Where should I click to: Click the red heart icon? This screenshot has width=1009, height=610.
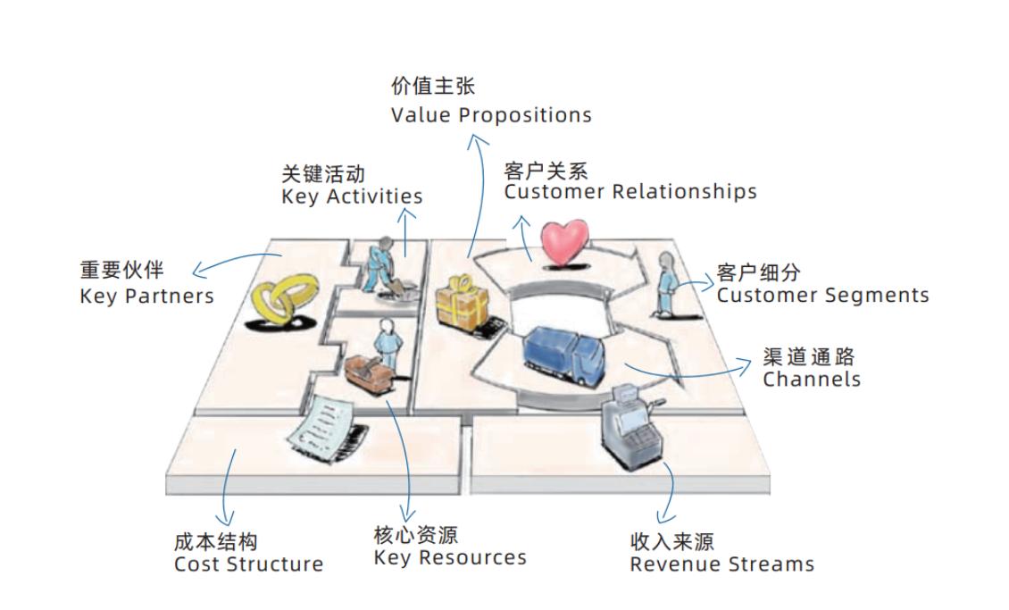click(x=565, y=243)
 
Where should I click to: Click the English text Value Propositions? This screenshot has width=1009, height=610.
click(x=491, y=115)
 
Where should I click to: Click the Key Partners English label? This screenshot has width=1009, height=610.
click(x=146, y=296)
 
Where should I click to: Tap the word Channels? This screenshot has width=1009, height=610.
click(x=812, y=379)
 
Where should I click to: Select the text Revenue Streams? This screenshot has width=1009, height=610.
click(x=721, y=564)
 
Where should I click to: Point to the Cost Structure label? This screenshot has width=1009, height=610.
click(x=248, y=564)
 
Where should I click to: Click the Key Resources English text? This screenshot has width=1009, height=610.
click(x=450, y=558)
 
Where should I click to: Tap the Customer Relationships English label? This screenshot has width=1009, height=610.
click(x=630, y=192)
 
